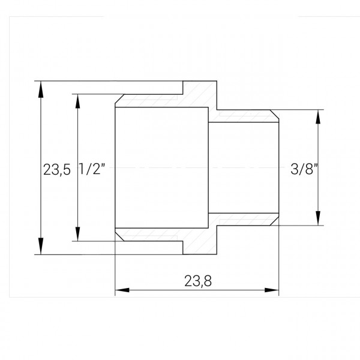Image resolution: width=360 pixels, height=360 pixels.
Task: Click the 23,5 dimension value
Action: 56,170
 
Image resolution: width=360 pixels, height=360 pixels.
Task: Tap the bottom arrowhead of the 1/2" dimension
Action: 76,235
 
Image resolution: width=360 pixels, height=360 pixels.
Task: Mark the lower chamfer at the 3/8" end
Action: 275,222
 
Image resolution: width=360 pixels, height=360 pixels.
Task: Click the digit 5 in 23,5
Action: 67,170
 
